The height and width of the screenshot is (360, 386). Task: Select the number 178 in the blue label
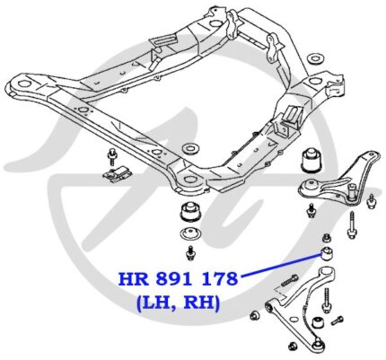click(220, 279)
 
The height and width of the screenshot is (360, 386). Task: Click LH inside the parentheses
click(161, 303)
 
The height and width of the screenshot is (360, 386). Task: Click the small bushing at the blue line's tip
click(327, 253)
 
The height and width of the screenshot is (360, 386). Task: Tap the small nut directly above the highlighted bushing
click(326, 238)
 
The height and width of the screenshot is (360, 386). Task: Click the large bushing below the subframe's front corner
click(190, 212)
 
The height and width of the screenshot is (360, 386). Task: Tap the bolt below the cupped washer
click(190, 253)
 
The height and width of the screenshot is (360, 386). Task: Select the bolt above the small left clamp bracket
click(112, 156)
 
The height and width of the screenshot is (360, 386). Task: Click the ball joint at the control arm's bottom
click(319, 344)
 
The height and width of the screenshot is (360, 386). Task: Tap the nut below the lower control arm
click(293, 347)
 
